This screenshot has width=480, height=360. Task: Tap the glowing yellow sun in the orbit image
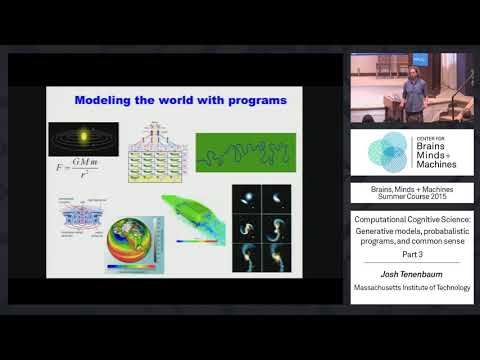83,138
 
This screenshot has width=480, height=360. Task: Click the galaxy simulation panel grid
261,228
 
